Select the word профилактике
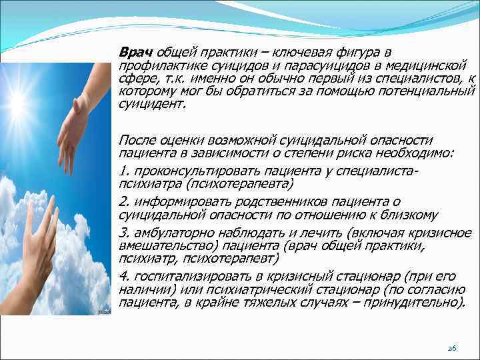coord(156,66)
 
